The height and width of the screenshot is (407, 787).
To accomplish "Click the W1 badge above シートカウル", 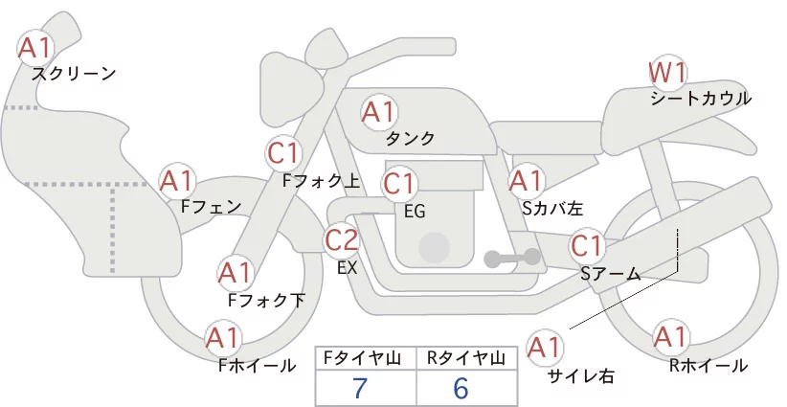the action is click(x=667, y=74).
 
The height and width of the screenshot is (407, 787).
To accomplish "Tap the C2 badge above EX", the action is click(x=341, y=240).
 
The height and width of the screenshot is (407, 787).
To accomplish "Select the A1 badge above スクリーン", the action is click(x=35, y=48).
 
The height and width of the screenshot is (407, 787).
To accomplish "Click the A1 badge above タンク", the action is click(x=379, y=112).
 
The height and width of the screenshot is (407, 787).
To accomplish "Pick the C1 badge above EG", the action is click(x=399, y=184).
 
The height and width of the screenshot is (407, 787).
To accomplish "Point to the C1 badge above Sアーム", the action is click(x=587, y=246).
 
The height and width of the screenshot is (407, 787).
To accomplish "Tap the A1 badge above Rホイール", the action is click(x=670, y=337).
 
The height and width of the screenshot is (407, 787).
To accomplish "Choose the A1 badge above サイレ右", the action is click(x=545, y=348).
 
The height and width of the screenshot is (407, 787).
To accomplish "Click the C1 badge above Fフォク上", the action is click(x=284, y=153).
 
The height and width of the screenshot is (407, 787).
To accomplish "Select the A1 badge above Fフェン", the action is click(x=177, y=181).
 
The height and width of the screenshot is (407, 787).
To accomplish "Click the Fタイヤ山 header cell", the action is click(x=366, y=358).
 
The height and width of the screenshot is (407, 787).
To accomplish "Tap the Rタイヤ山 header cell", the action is click(x=467, y=358).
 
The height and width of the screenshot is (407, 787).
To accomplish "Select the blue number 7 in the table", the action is click(x=360, y=388).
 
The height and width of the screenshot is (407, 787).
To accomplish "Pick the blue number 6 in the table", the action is click(x=461, y=388).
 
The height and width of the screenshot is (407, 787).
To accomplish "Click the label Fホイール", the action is click(x=257, y=366).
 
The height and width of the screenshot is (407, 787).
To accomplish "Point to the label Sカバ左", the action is click(x=552, y=208).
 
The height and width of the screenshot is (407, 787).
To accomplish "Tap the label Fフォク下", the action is click(x=266, y=300).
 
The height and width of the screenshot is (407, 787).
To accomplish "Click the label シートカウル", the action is click(x=701, y=99).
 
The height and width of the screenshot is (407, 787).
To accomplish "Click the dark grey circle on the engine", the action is click(x=434, y=247).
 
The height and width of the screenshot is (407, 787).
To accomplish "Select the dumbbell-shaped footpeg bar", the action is click(x=512, y=258).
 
